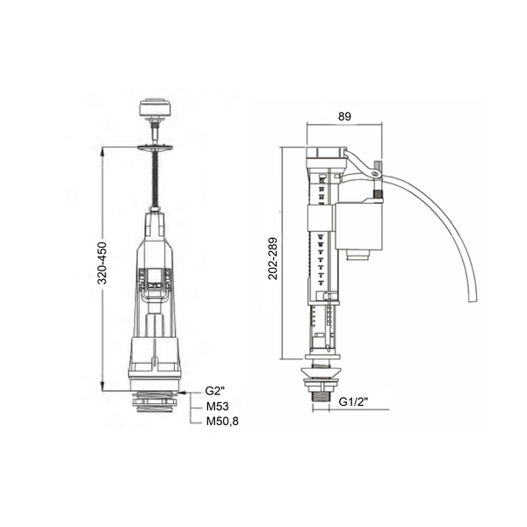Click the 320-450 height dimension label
pos(103,263)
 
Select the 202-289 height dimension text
pos(272,258)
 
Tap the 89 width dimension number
pos(344,116)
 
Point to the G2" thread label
pos(215,391)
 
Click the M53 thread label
pos(218,407)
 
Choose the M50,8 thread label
pos(222,421)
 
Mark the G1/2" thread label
pos(353,401)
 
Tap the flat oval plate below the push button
pos(155,147)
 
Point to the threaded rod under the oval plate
pos(155,179)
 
